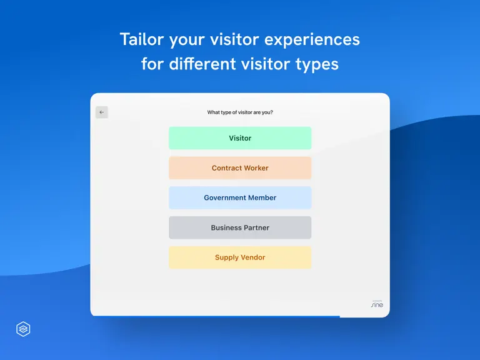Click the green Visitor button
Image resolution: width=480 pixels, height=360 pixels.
point(240,138)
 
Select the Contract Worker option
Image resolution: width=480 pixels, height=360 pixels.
point(240,167)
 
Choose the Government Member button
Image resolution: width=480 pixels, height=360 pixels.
point(240,197)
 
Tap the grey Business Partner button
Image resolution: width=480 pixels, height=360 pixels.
point(240,227)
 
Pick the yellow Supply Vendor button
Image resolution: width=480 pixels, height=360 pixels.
point(240,257)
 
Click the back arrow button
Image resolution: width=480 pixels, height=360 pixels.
point(102,112)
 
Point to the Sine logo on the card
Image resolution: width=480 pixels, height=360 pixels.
point(377,304)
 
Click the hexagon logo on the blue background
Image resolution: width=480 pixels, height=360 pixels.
point(23,329)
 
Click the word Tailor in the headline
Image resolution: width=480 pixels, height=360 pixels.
point(142,39)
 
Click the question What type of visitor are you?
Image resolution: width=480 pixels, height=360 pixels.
point(240,112)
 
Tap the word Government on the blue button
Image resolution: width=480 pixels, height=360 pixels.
point(225,197)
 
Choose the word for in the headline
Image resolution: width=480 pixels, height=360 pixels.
point(152,64)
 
